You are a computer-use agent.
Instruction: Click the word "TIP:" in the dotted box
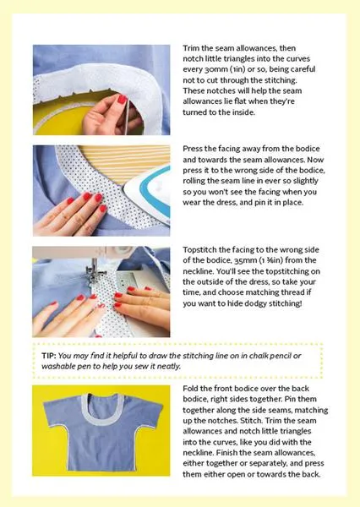(49, 356)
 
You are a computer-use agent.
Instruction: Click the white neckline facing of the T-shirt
(102, 419)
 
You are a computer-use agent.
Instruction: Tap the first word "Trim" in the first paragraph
(191, 48)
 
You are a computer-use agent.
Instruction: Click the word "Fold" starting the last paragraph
(190, 389)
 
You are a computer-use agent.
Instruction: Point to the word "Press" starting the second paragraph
(193, 149)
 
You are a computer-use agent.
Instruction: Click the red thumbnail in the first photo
(122, 99)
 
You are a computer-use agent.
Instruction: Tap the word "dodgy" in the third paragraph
(252, 303)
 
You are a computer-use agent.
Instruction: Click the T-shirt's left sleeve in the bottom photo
(56, 412)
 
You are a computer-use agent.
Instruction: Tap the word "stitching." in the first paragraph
(280, 80)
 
